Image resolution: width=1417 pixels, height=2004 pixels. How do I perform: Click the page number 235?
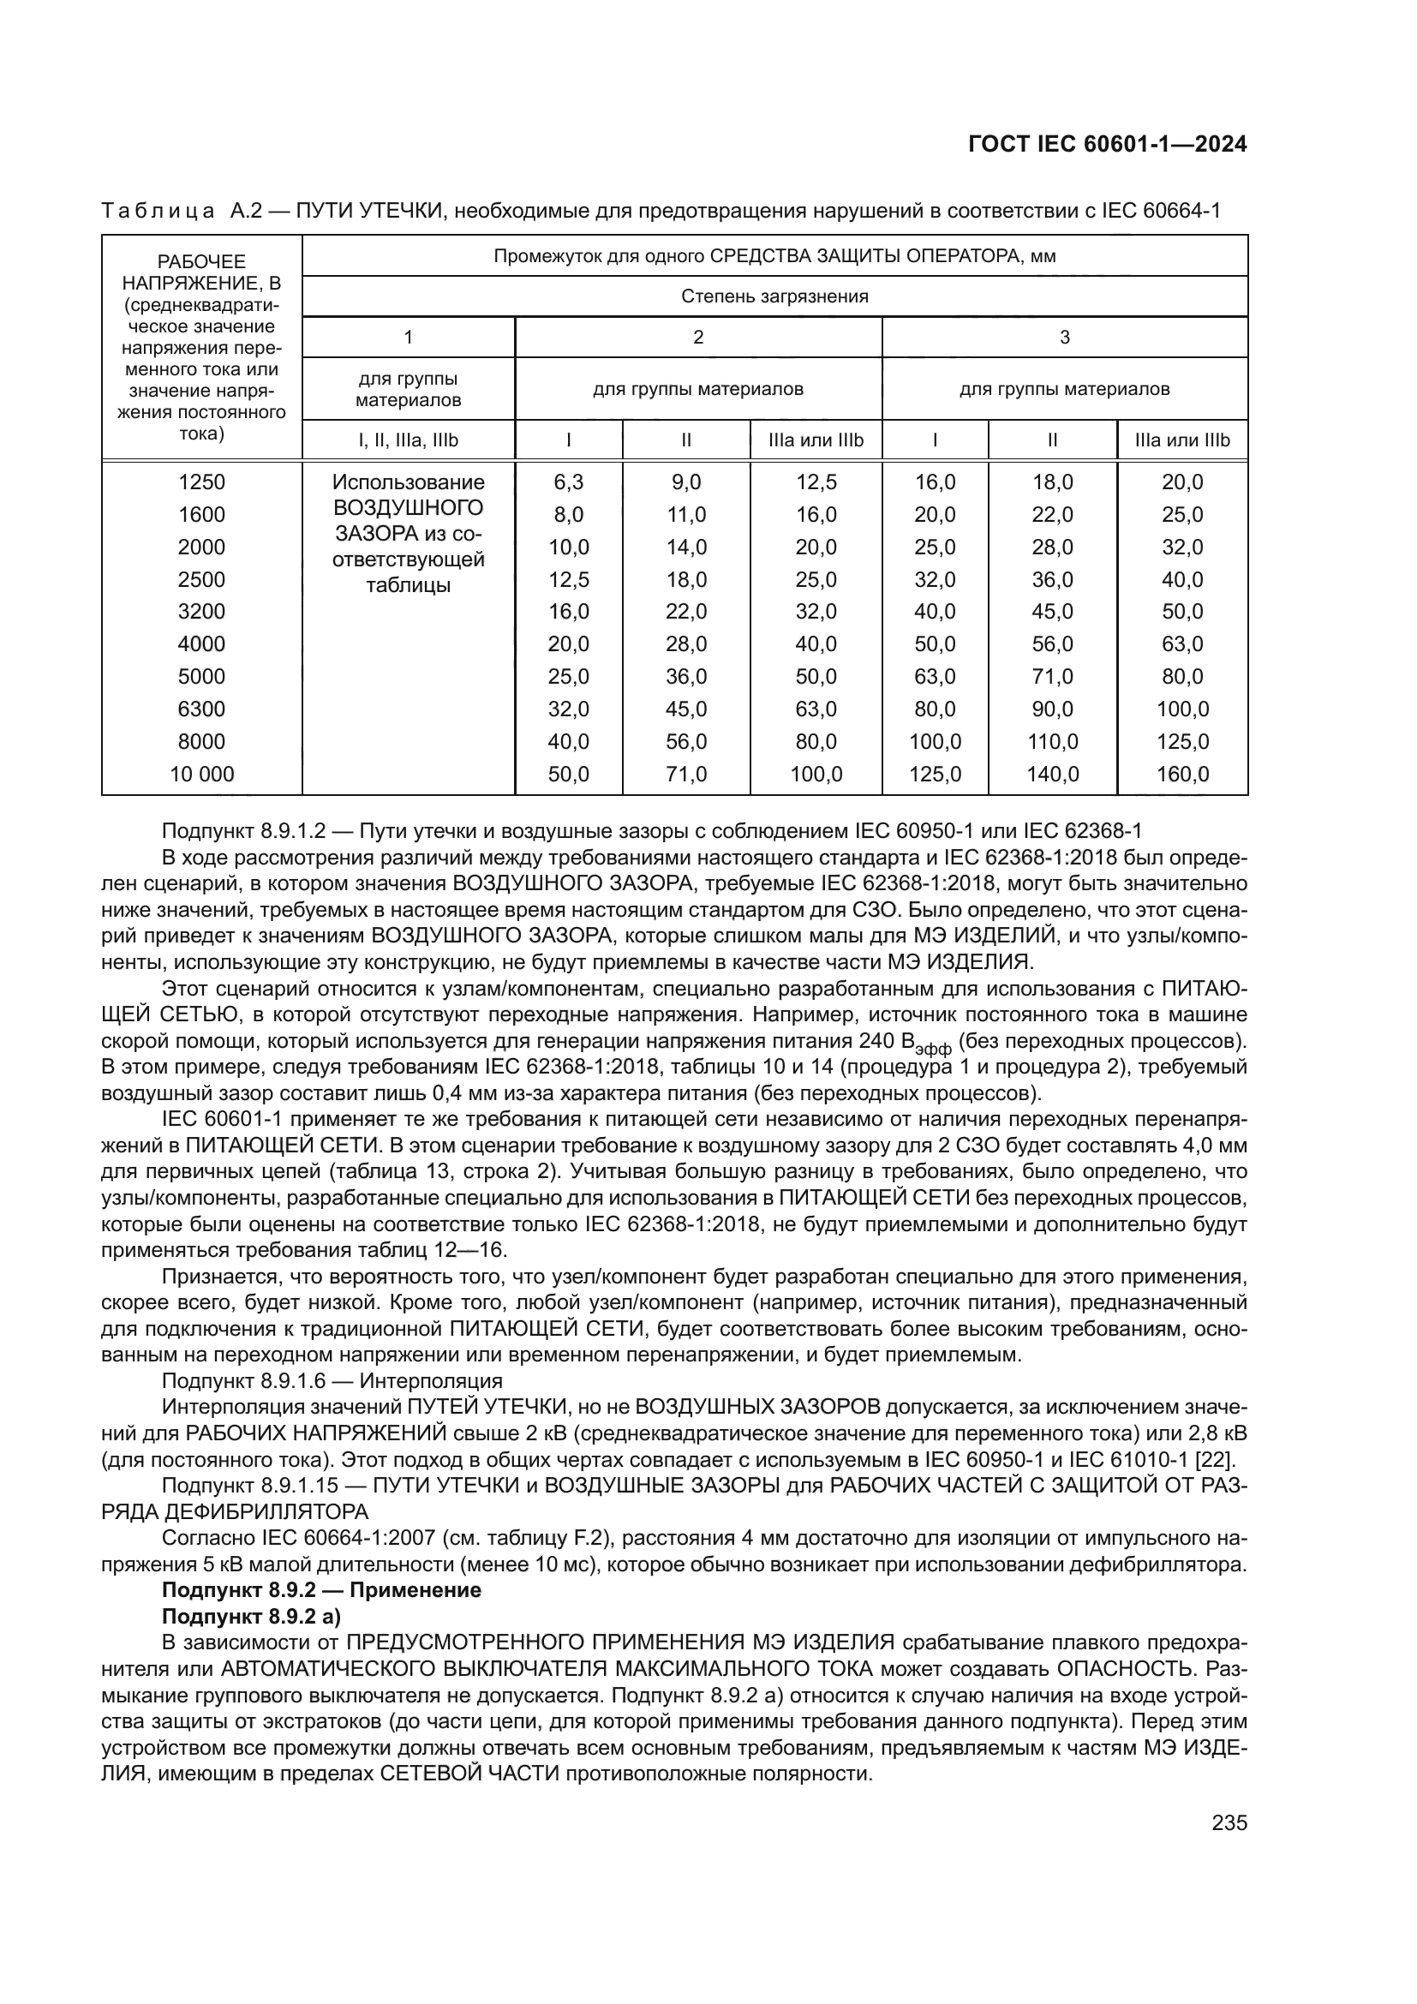[1229, 1822]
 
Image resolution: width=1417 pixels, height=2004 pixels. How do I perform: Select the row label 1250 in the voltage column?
[201, 482]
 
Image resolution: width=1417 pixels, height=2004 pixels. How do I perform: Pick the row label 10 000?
[201, 774]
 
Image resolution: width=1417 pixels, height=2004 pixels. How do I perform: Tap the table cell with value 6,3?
[568, 482]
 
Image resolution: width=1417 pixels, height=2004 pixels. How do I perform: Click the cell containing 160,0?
[1182, 774]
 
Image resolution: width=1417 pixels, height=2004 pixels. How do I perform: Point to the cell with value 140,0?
[1052, 774]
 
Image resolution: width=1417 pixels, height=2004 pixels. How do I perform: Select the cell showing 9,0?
[686, 482]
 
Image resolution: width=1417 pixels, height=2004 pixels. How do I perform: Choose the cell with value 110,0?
[1052, 741]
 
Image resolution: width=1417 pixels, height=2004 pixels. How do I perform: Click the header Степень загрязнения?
[774, 296]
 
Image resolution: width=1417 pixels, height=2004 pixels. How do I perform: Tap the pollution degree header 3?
[1065, 337]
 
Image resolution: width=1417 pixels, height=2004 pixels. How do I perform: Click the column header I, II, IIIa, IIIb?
[408, 440]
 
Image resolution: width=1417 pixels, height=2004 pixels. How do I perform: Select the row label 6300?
[201, 709]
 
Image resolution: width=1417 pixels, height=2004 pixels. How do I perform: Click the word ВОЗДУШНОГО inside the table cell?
[409, 507]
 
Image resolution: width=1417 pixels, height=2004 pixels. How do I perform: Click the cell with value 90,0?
[1052, 709]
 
